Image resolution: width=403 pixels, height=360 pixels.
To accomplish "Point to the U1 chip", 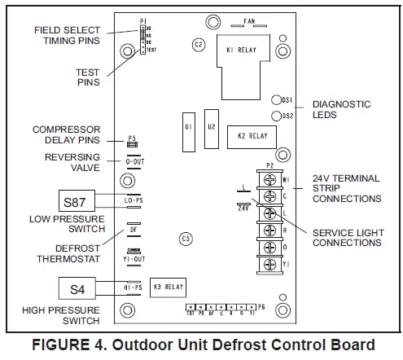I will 188,127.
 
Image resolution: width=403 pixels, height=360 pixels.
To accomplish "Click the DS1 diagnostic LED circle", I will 277,98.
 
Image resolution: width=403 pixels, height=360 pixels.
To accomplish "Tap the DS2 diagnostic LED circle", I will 277,116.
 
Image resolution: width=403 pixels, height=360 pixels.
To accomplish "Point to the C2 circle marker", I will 198,45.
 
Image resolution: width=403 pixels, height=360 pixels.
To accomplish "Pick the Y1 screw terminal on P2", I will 267,262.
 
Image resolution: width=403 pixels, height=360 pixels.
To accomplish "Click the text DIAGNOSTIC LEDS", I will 342,110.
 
